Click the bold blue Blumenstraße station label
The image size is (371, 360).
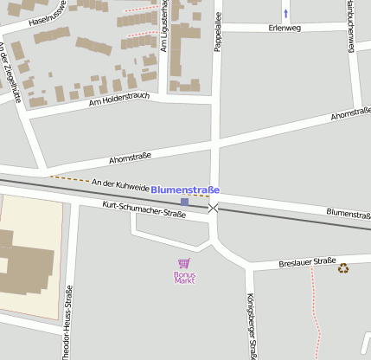185,190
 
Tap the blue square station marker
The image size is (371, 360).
184,202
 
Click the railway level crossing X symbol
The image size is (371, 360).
213,208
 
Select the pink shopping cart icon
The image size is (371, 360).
183,263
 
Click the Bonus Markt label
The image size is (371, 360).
184,279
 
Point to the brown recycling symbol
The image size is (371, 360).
343,268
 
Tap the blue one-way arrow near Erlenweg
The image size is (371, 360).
286,13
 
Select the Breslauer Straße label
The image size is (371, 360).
307,261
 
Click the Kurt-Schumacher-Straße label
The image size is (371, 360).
144,209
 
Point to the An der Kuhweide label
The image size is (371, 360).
120,185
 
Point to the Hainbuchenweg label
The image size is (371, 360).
350,26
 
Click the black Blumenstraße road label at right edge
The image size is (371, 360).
349,213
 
